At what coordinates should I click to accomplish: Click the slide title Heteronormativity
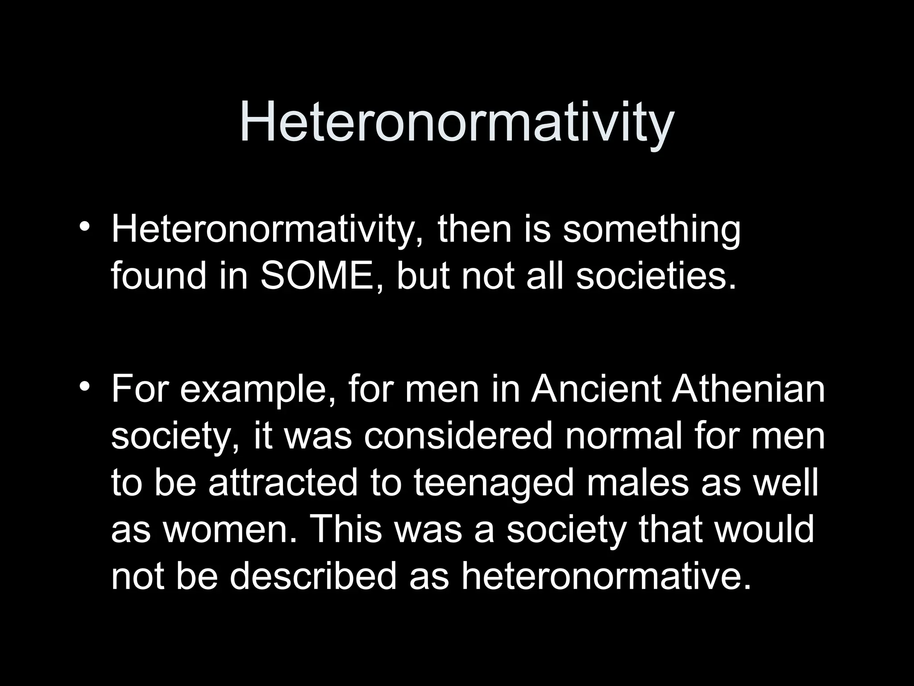457,123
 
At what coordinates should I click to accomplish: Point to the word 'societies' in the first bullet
656,275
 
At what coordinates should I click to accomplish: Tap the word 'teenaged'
493,483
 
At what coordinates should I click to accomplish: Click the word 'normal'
624,436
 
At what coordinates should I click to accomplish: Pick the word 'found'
159,275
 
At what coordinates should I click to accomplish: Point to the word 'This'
348,530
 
